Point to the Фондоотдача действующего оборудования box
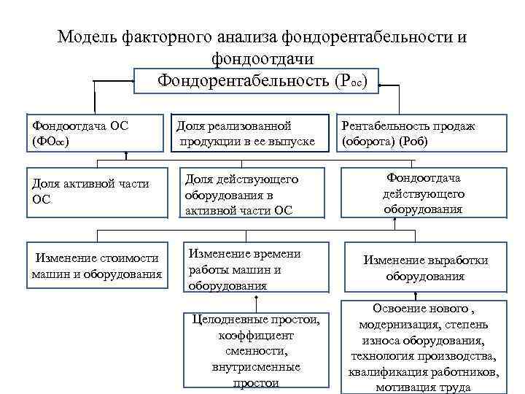[x=424, y=193]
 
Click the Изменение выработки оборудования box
[x=426, y=268]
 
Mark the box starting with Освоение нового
[x=424, y=347]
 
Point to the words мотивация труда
[x=424, y=387]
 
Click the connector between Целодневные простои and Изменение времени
[x=257, y=302]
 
